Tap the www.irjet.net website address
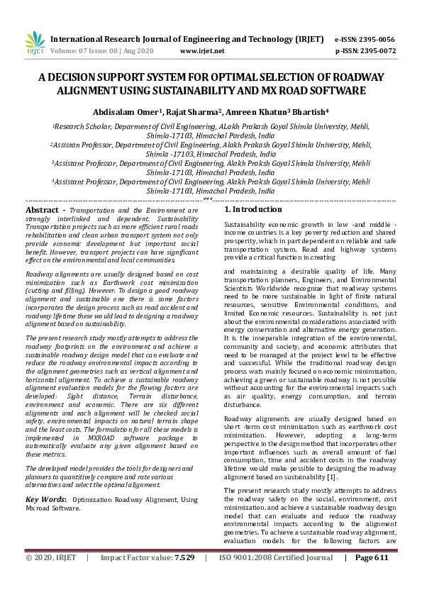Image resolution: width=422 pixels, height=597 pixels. coord(202,51)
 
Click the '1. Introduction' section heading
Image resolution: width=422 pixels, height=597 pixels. coord(253,210)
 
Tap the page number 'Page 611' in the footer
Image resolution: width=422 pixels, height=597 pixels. coord(372,578)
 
